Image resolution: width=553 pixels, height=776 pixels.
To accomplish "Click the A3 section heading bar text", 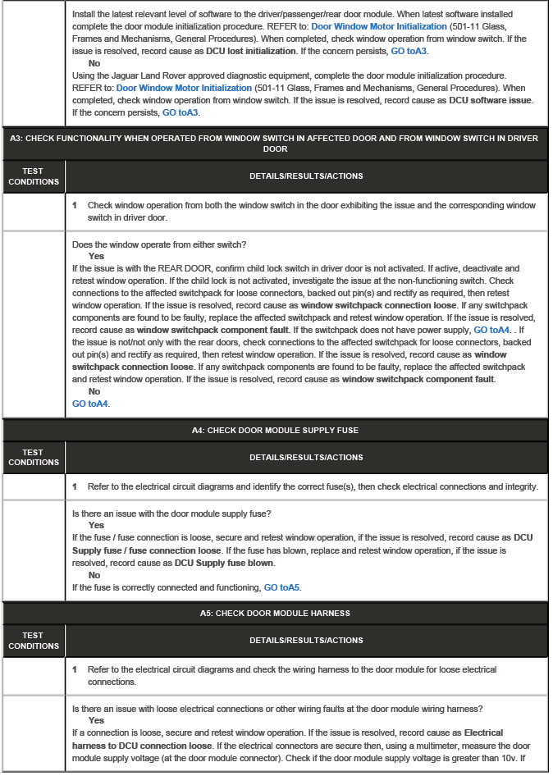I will [x=275, y=144].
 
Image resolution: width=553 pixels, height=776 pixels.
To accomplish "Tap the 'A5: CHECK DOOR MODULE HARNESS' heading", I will [x=275, y=613].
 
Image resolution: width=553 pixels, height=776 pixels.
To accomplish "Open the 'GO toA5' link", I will [x=281, y=587].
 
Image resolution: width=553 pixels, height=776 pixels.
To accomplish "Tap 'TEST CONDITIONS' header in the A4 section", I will [x=33, y=457].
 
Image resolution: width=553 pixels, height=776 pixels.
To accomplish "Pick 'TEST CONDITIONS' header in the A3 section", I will [x=33, y=176].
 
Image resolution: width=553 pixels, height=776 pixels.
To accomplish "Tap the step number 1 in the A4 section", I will [x=75, y=486].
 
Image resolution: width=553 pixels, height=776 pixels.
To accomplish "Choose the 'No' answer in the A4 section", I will [x=94, y=575].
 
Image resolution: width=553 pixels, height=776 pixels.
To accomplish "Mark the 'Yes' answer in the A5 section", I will [x=96, y=720].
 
